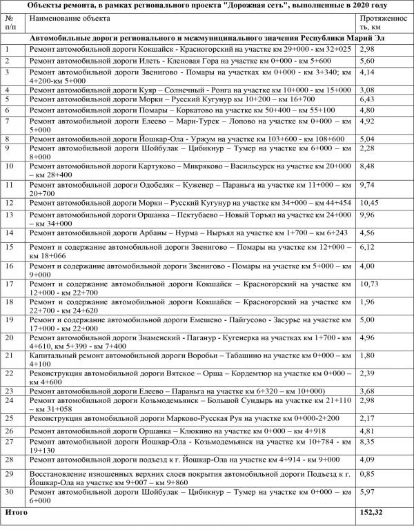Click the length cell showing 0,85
pos(367,474)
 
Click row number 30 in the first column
pos(9,493)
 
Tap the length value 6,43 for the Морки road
pos(367,99)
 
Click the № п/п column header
pos(10,22)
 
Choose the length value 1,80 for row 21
pos(367,355)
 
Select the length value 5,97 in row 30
pos(367,493)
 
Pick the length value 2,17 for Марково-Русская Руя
pos(367,418)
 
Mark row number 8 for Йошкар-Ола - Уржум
pos(7,139)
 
